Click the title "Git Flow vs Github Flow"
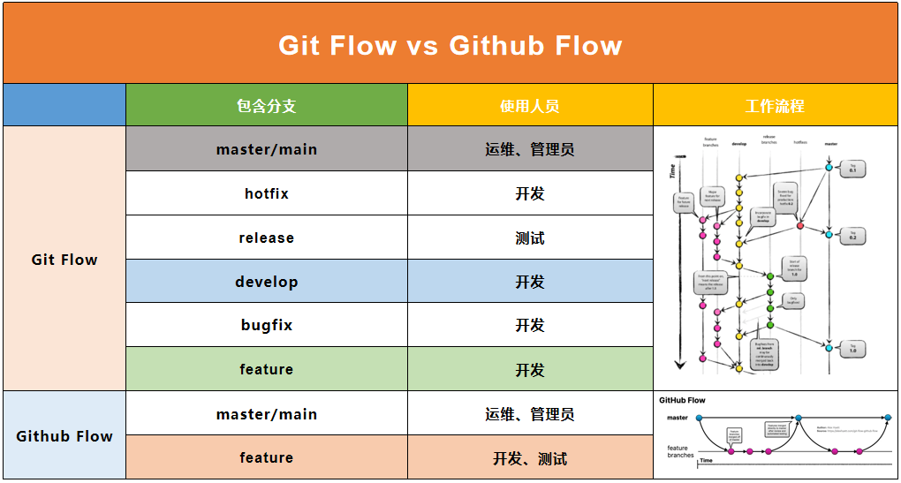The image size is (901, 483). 450,45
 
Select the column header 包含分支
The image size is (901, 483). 266,106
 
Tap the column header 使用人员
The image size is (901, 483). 530,106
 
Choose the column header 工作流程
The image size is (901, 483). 775,106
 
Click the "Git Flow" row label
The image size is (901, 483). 64,260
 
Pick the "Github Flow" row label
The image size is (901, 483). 64,436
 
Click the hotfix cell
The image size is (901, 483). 266,193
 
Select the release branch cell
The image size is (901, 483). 266,238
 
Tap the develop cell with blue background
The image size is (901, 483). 266,282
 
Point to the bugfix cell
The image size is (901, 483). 266,325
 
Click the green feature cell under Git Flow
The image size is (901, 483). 266,369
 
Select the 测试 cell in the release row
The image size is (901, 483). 530,238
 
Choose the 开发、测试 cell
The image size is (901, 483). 530,458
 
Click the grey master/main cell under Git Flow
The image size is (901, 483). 266,149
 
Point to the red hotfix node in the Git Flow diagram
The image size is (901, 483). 800,225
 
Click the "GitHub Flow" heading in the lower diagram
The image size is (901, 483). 683,400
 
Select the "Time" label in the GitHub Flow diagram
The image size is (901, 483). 706,461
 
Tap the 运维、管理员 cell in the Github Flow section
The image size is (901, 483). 530,414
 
